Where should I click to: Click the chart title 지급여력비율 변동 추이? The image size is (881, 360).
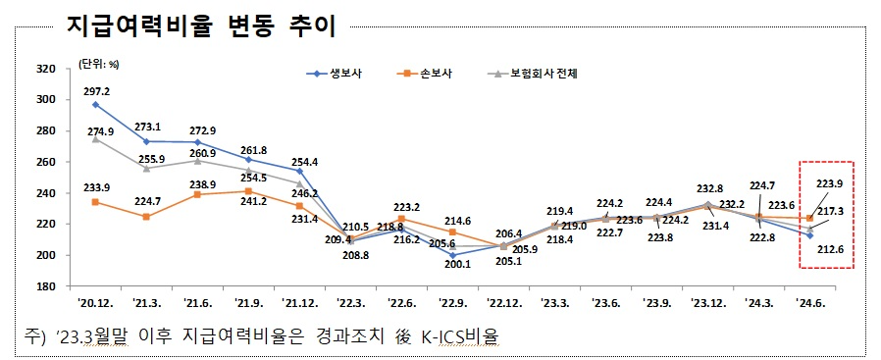point(201,26)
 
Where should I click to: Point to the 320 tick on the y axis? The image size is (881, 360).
point(45,69)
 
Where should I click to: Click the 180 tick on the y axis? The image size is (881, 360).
point(45,286)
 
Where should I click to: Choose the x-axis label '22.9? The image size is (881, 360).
point(452,303)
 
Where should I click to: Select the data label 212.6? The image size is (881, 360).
point(832,250)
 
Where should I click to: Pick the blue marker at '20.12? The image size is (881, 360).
point(95,104)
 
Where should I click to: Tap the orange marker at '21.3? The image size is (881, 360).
point(146,217)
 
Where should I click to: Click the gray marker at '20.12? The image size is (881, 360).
point(95,138)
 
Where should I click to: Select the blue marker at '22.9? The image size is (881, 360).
point(452,255)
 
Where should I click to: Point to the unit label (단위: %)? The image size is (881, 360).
point(98,64)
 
